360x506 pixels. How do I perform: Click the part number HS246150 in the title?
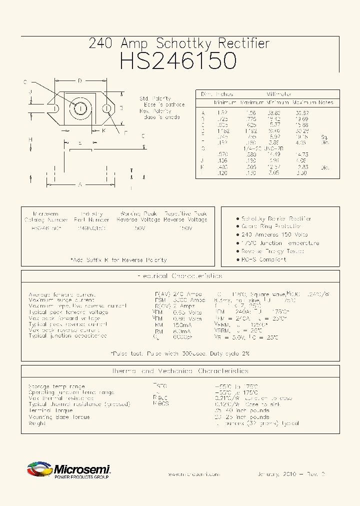178,60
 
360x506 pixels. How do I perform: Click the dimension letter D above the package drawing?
80,81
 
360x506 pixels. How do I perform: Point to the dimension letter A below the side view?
79,184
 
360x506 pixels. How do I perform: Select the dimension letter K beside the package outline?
103,131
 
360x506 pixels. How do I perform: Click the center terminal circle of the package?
80,108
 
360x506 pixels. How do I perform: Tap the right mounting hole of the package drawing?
106,108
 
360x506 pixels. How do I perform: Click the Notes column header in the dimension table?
325,102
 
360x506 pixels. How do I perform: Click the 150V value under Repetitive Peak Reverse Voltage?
185,228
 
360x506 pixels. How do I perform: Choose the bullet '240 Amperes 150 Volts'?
274,234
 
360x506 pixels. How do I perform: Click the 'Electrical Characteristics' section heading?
180,276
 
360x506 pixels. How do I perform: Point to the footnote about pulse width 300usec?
180,353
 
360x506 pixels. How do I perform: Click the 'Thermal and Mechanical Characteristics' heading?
180,371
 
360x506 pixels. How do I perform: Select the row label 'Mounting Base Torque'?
59,417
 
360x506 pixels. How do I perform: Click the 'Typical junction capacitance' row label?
67,336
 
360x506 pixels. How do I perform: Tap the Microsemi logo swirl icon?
39,470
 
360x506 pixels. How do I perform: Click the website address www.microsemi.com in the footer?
192,474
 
